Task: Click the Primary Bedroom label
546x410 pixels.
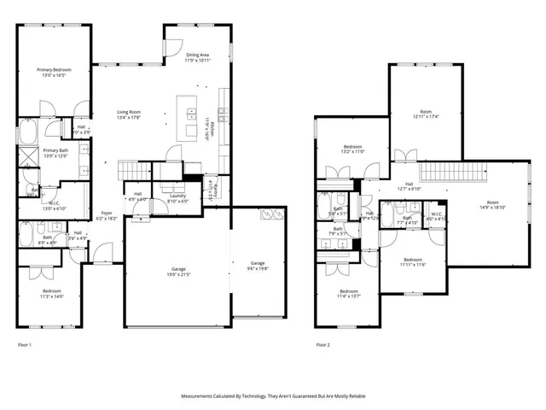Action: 52,73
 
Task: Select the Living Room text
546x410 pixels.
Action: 129,114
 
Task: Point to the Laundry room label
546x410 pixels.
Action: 177,197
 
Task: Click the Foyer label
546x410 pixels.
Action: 107,215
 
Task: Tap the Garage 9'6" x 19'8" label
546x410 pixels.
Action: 258,265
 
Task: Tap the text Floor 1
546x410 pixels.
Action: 25,345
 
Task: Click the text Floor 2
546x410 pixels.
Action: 322,345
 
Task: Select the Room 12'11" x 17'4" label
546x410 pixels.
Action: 426,114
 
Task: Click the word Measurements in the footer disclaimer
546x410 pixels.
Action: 200,396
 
